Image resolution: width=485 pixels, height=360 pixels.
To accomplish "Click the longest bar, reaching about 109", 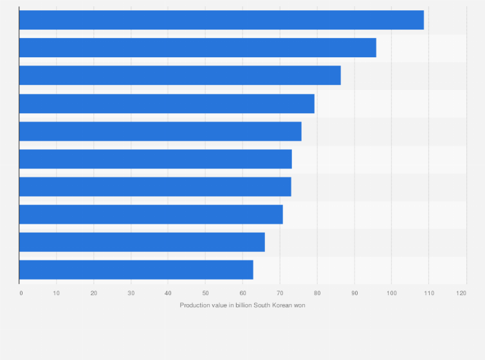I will pyautogui.click(x=221, y=20).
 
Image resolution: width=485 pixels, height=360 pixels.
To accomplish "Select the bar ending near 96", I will pyautogui.click(x=197, y=48).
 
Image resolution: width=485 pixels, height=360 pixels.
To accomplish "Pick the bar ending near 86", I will pyautogui.click(x=180, y=75).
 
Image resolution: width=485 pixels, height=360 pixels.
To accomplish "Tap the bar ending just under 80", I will pyautogui.click(x=167, y=104).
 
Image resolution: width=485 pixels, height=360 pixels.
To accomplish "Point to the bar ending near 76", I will pyautogui.click(x=160, y=131).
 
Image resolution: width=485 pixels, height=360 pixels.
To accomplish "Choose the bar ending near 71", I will pyautogui.click(x=151, y=214).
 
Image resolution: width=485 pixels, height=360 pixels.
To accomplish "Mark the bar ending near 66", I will pyautogui.click(x=142, y=242).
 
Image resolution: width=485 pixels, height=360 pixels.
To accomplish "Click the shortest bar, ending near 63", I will pyautogui.click(x=136, y=269).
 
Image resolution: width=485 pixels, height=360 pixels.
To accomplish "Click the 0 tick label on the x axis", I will pyautogui.click(x=21, y=293).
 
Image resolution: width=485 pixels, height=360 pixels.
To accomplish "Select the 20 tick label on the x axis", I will pyautogui.click(x=94, y=293).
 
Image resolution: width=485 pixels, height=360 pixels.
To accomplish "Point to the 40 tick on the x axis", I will pyautogui.click(x=168, y=293).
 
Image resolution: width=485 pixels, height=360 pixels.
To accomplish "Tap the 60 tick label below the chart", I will pyautogui.click(x=243, y=293).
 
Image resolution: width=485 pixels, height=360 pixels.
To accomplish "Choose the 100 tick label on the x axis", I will pyautogui.click(x=391, y=293).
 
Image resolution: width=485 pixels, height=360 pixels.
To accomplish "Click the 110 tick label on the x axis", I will pyautogui.click(x=428, y=293).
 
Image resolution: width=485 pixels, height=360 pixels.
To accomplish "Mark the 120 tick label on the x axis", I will pyautogui.click(x=461, y=293).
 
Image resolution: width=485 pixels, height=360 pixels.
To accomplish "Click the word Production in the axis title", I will pyautogui.click(x=195, y=305).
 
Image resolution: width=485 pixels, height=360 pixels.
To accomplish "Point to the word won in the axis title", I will pyautogui.click(x=300, y=305).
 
